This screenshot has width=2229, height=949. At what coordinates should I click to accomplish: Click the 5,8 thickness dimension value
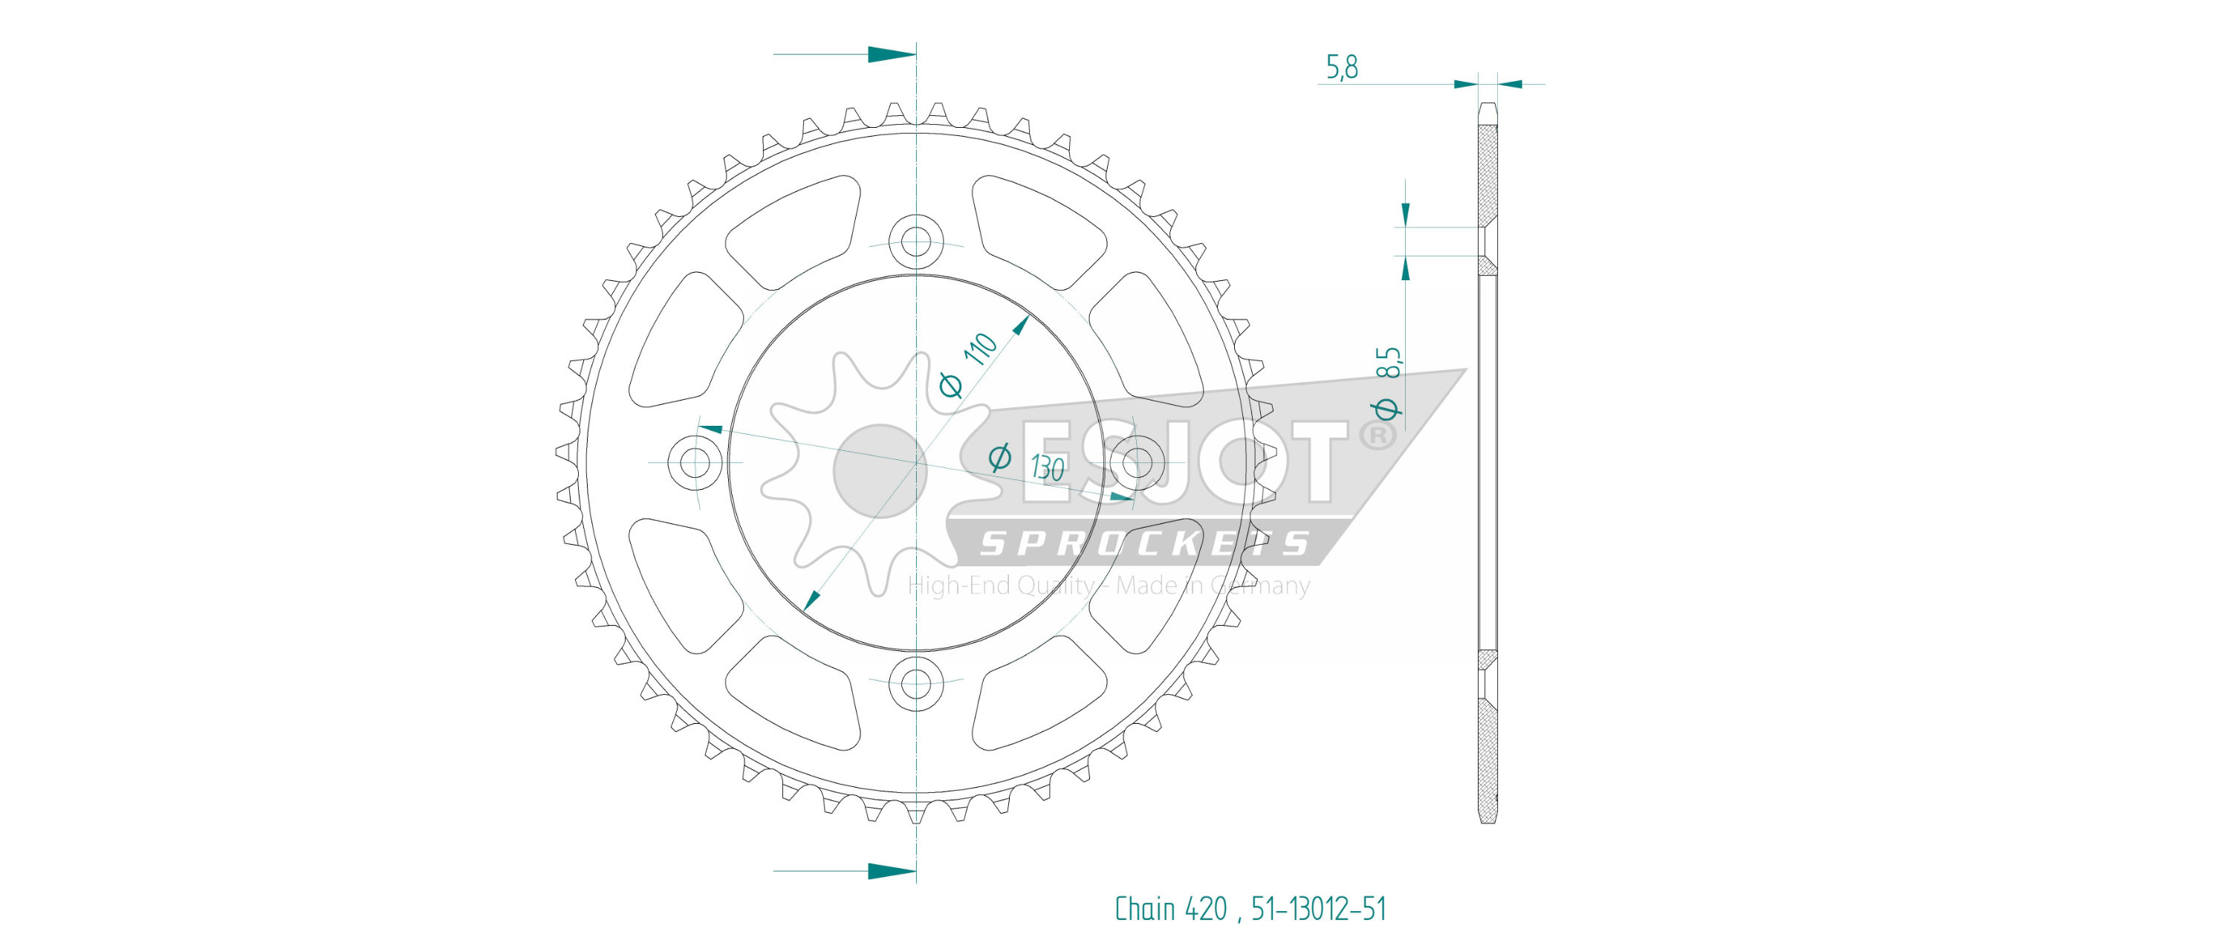[x=1341, y=67]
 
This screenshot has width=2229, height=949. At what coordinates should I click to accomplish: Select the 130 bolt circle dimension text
[x=1047, y=468]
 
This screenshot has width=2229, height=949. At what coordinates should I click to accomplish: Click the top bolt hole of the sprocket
[x=915, y=239]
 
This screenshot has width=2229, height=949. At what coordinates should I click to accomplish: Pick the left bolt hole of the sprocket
[x=694, y=462]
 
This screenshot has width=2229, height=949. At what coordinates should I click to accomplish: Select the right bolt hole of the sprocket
[x=1137, y=462]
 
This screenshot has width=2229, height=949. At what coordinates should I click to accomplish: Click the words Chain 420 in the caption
[x=1171, y=908]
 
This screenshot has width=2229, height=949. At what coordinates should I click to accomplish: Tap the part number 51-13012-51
[x=1319, y=908]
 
